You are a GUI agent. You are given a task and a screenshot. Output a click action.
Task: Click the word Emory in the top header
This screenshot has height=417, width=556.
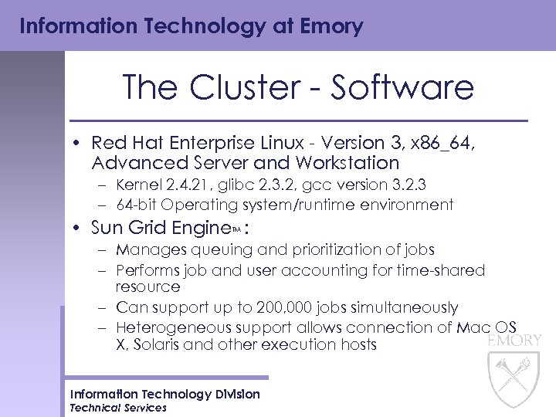pos(331,26)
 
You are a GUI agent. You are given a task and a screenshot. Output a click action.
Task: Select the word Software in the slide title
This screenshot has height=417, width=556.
pos(402,87)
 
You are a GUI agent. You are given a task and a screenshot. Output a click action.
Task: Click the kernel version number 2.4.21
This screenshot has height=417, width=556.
pos(188,185)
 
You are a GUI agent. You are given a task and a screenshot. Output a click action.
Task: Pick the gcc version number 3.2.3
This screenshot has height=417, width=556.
pos(419,185)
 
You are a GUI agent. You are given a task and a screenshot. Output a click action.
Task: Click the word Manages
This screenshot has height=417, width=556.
pos(147,250)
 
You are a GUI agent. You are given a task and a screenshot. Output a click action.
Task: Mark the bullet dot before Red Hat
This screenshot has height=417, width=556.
pos(80,144)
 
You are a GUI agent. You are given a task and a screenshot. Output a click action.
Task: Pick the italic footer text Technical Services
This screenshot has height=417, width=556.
pos(117,408)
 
